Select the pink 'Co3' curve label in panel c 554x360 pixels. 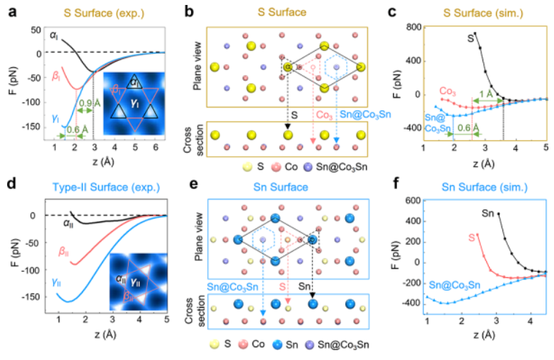pos(447,91)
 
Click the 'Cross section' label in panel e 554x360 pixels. pos(198,311)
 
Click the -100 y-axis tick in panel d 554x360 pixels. pos(33,270)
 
